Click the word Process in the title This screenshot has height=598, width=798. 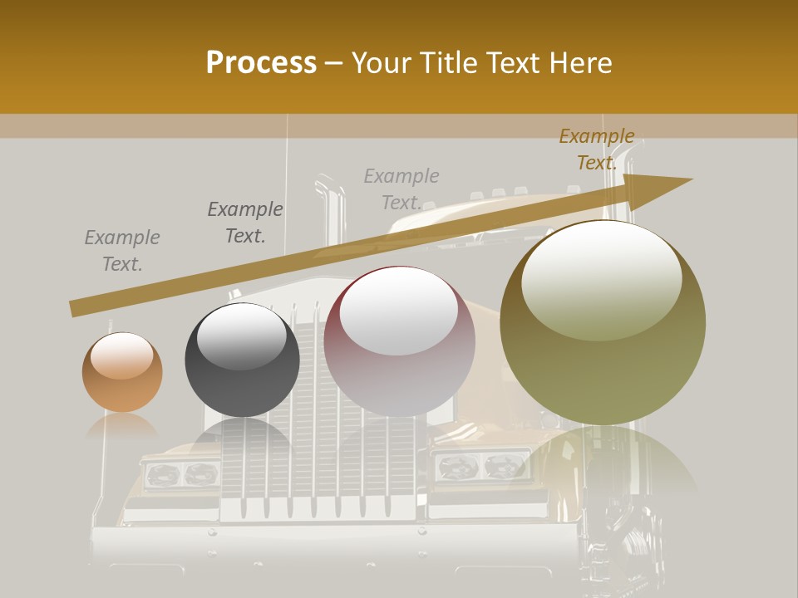pos(261,63)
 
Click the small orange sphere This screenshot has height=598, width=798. pos(122,373)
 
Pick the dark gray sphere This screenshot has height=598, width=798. pos(242,365)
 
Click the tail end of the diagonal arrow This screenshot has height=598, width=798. pos(73,309)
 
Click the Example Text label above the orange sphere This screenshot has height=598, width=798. pos(122,251)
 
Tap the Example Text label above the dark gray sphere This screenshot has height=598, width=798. pos(245,223)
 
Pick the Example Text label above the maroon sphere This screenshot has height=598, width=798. pos(401,189)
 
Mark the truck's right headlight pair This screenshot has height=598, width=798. pos(482,467)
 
